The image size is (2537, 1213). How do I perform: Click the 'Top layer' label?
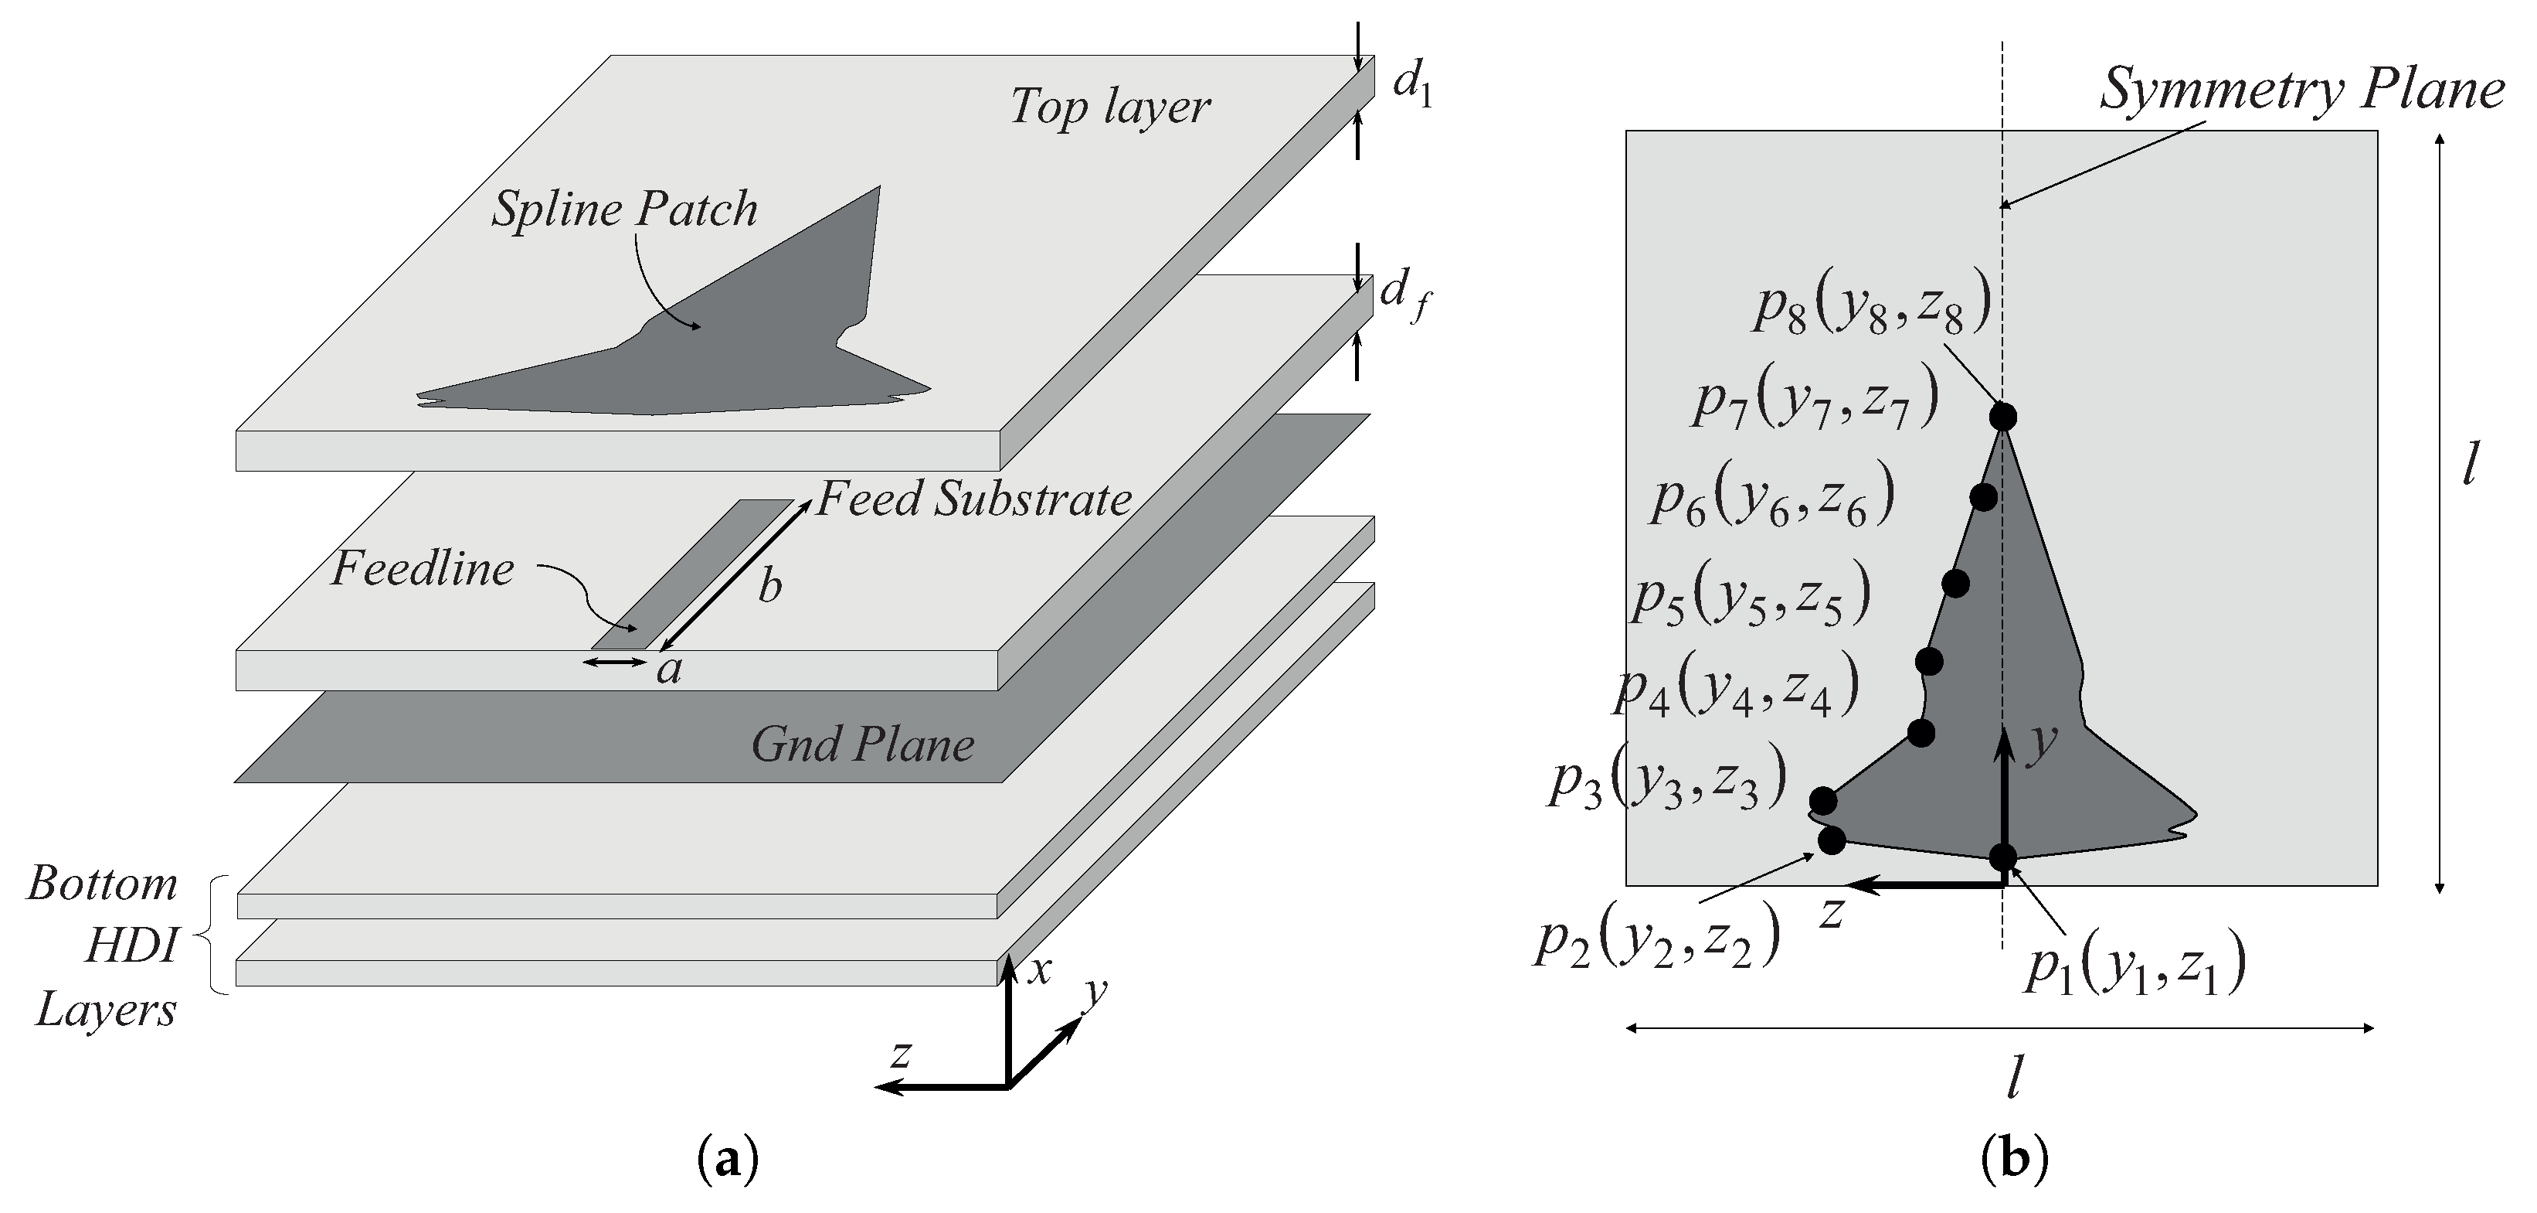tap(1110, 107)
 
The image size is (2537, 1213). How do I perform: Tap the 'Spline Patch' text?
tap(624, 209)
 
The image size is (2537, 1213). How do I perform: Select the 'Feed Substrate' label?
tap(974, 499)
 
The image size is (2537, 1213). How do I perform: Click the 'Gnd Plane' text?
tap(863, 744)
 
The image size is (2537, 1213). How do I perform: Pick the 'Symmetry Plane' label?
tap(2301, 90)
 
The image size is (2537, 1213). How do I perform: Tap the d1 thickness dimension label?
tap(1411, 86)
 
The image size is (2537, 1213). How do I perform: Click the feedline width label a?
tap(670, 670)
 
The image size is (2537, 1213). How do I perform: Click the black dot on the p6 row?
tap(1985, 496)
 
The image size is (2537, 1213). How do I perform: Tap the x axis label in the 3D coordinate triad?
tap(1039, 972)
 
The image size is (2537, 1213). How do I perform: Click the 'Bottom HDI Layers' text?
tap(104, 946)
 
